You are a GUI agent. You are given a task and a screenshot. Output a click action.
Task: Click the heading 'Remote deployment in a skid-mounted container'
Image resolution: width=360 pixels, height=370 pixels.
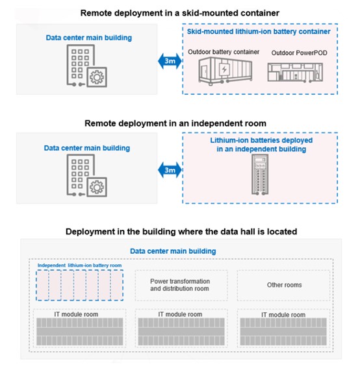pyautogui.click(x=180, y=12)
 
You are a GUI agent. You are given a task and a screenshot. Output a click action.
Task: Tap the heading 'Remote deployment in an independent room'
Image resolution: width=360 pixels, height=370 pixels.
pyautogui.click(x=180, y=123)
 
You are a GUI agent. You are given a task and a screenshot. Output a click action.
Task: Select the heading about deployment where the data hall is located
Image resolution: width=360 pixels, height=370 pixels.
pyautogui.click(x=180, y=231)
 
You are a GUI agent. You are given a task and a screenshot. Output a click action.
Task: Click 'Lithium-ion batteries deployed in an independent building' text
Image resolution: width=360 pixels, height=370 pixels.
pyautogui.click(x=261, y=144)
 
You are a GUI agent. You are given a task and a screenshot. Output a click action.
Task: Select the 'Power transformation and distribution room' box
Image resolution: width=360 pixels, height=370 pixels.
pyautogui.click(x=180, y=285)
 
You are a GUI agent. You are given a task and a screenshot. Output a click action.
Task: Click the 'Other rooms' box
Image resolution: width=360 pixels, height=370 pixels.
pyautogui.click(x=284, y=285)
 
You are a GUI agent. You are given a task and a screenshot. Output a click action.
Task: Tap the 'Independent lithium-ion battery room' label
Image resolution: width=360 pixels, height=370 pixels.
pyautogui.click(x=79, y=265)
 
